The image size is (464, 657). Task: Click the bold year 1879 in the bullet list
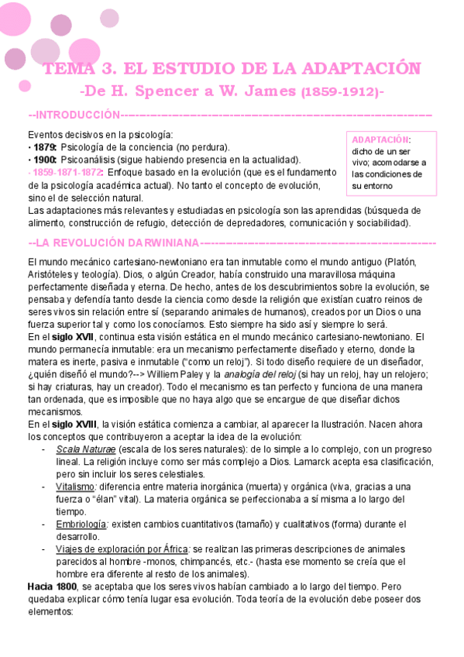pos(44,147)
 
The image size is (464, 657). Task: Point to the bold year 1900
pos(44,159)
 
